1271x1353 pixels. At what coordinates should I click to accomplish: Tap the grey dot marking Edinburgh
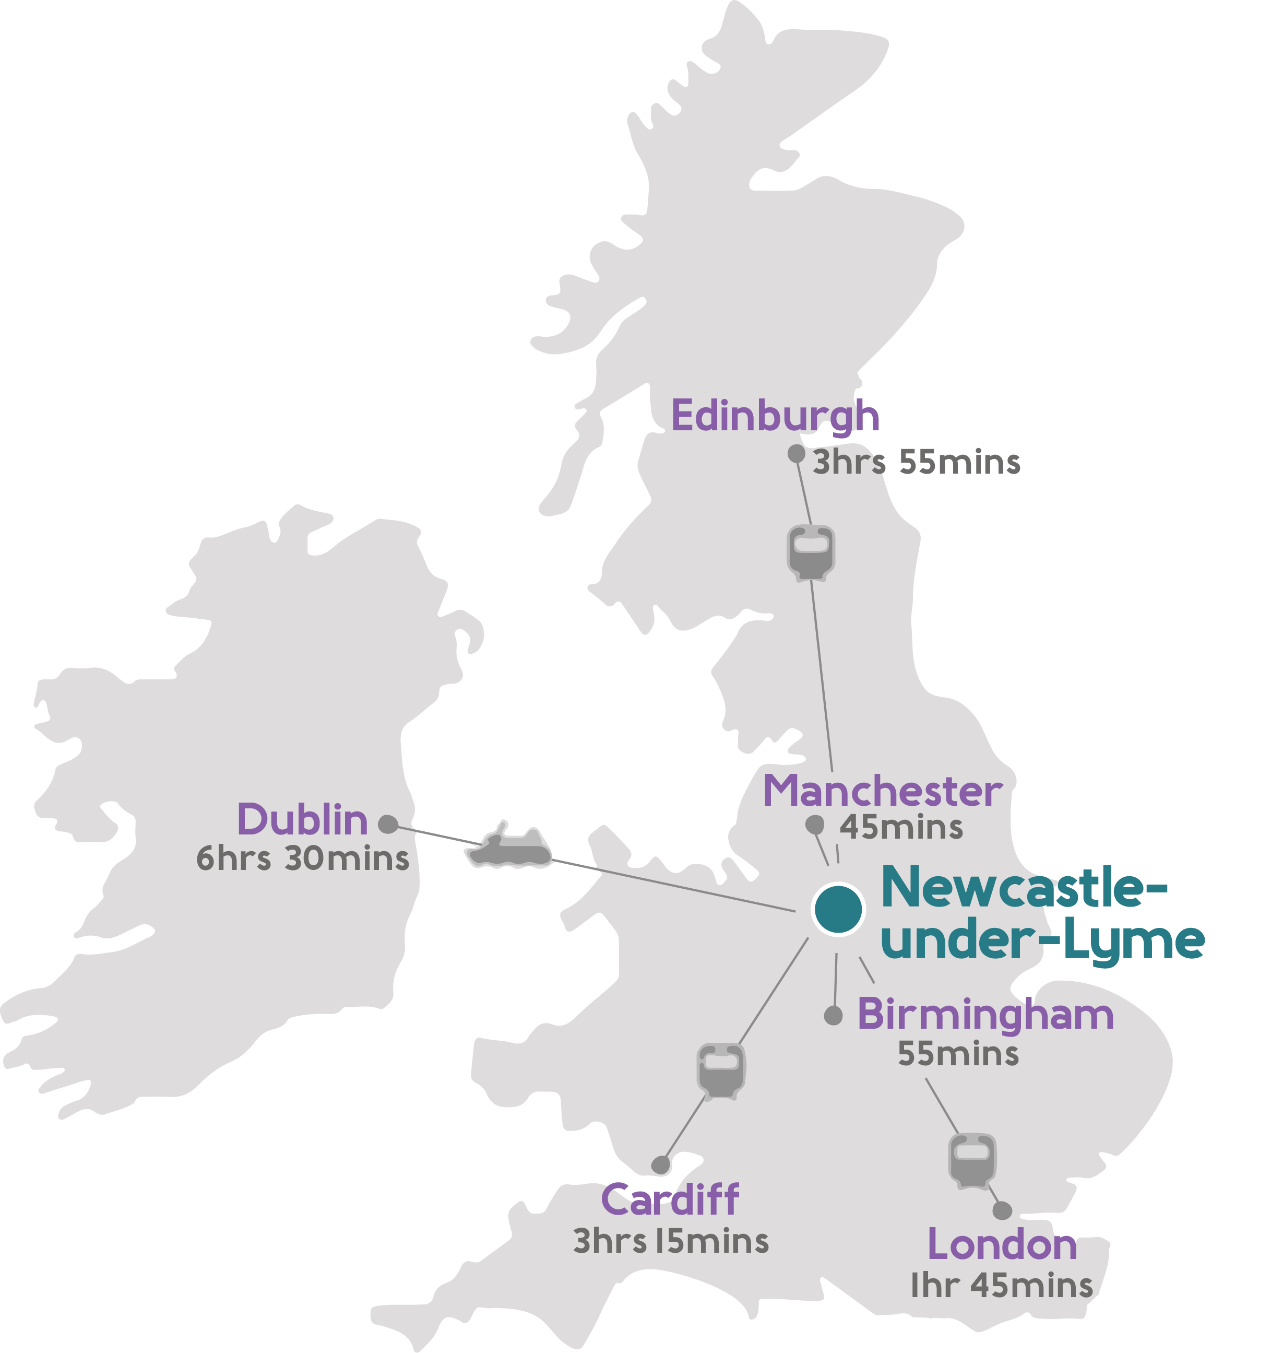pyautogui.click(x=796, y=453)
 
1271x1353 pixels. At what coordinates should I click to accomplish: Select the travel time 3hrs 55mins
pyautogui.click(x=916, y=462)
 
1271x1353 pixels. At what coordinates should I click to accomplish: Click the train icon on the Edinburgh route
pyautogui.click(x=811, y=552)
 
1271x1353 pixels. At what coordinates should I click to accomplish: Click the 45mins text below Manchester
pyautogui.click(x=901, y=828)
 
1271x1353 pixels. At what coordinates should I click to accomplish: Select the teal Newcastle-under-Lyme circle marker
pyautogui.click(x=838, y=909)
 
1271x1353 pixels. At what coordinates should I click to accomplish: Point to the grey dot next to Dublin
pyautogui.click(x=388, y=824)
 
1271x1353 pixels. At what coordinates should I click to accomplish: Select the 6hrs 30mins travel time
pyautogui.click(x=303, y=859)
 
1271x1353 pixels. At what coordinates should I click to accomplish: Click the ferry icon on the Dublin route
pyautogui.click(x=509, y=848)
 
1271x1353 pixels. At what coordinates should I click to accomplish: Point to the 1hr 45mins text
pyautogui.click(x=1001, y=1286)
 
